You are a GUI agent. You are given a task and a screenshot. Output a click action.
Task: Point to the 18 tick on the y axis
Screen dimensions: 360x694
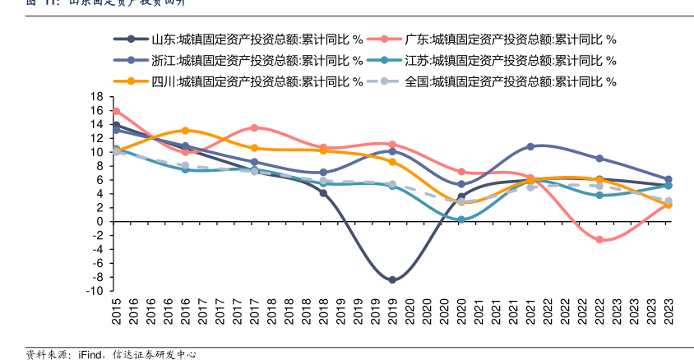pyautogui.click(x=97, y=97)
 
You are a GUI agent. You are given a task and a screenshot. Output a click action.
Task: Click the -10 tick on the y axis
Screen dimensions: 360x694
pyautogui.click(x=94, y=291)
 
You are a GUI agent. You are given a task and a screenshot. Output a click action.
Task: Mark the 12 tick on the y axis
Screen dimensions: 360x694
pyautogui.click(x=97, y=138)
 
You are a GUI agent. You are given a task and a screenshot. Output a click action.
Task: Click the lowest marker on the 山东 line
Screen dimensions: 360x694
pyautogui.click(x=392, y=280)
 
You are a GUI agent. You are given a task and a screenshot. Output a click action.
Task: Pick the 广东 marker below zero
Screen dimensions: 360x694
pyautogui.click(x=599, y=240)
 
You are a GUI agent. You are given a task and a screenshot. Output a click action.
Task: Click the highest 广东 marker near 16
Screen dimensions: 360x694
pyautogui.click(x=116, y=111)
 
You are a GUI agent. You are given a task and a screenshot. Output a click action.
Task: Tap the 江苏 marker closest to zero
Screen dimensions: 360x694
pyautogui.click(x=461, y=219)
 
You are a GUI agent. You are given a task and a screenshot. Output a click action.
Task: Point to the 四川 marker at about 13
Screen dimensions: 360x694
pyautogui.click(x=185, y=131)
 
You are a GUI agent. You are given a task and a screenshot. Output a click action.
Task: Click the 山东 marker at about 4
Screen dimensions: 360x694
pyautogui.click(x=323, y=193)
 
